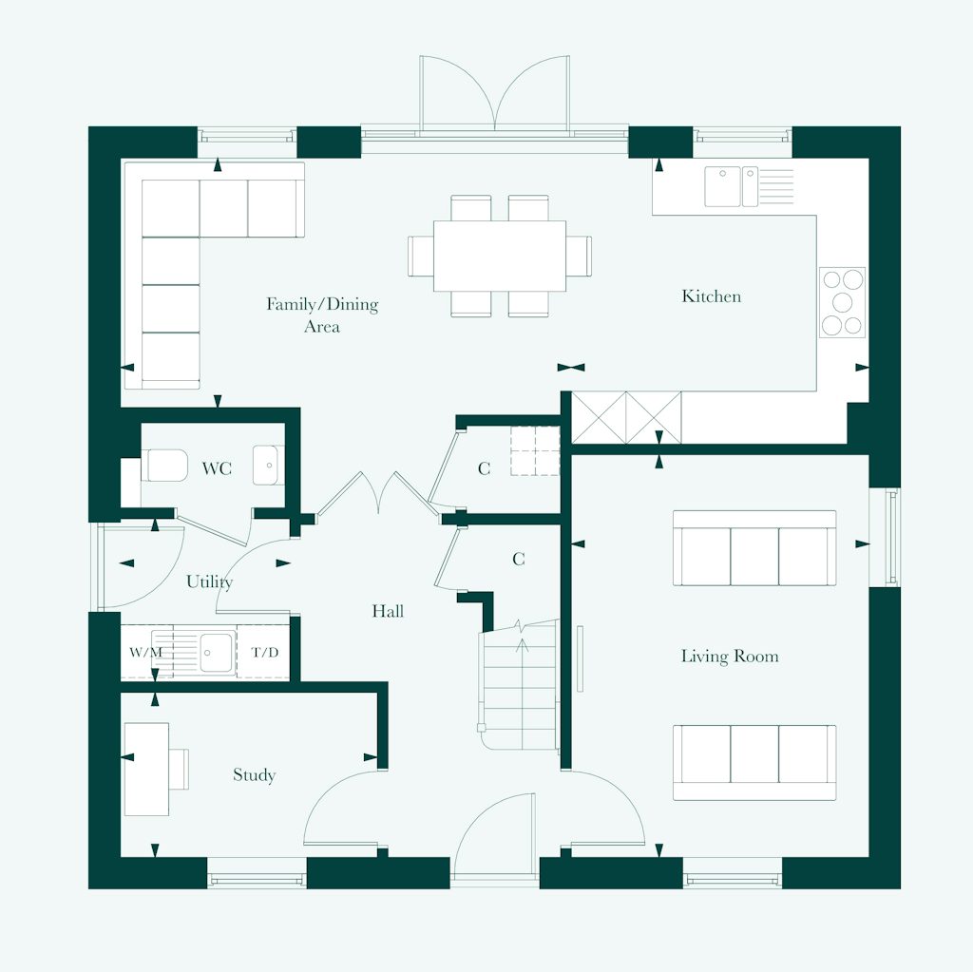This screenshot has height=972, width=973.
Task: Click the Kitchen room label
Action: pyautogui.click(x=711, y=296)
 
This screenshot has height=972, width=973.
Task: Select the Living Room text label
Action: pyautogui.click(x=730, y=656)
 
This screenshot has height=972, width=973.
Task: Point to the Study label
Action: pyautogui.click(x=254, y=775)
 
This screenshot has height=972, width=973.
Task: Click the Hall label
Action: pyautogui.click(x=388, y=611)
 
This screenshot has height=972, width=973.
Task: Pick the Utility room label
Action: pyautogui.click(x=209, y=581)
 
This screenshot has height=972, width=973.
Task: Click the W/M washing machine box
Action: pyautogui.click(x=145, y=653)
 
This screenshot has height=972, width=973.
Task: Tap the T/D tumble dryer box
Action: pyautogui.click(x=263, y=653)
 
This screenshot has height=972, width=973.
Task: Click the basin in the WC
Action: pyautogui.click(x=268, y=466)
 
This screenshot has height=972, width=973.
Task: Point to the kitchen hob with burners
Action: pyautogui.click(x=843, y=302)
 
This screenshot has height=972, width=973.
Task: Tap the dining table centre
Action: pyautogui.click(x=500, y=256)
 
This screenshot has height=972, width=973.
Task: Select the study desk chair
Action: pyautogui.click(x=180, y=769)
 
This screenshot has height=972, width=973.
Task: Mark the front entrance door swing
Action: pyautogui.click(x=495, y=836)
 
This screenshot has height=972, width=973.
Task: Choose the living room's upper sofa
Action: pyautogui.click(x=754, y=549)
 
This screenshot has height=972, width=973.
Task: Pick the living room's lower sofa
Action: pyautogui.click(x=754, y=762)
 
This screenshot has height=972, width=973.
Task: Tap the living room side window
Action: pyautogui.click(x=891, y=537)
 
